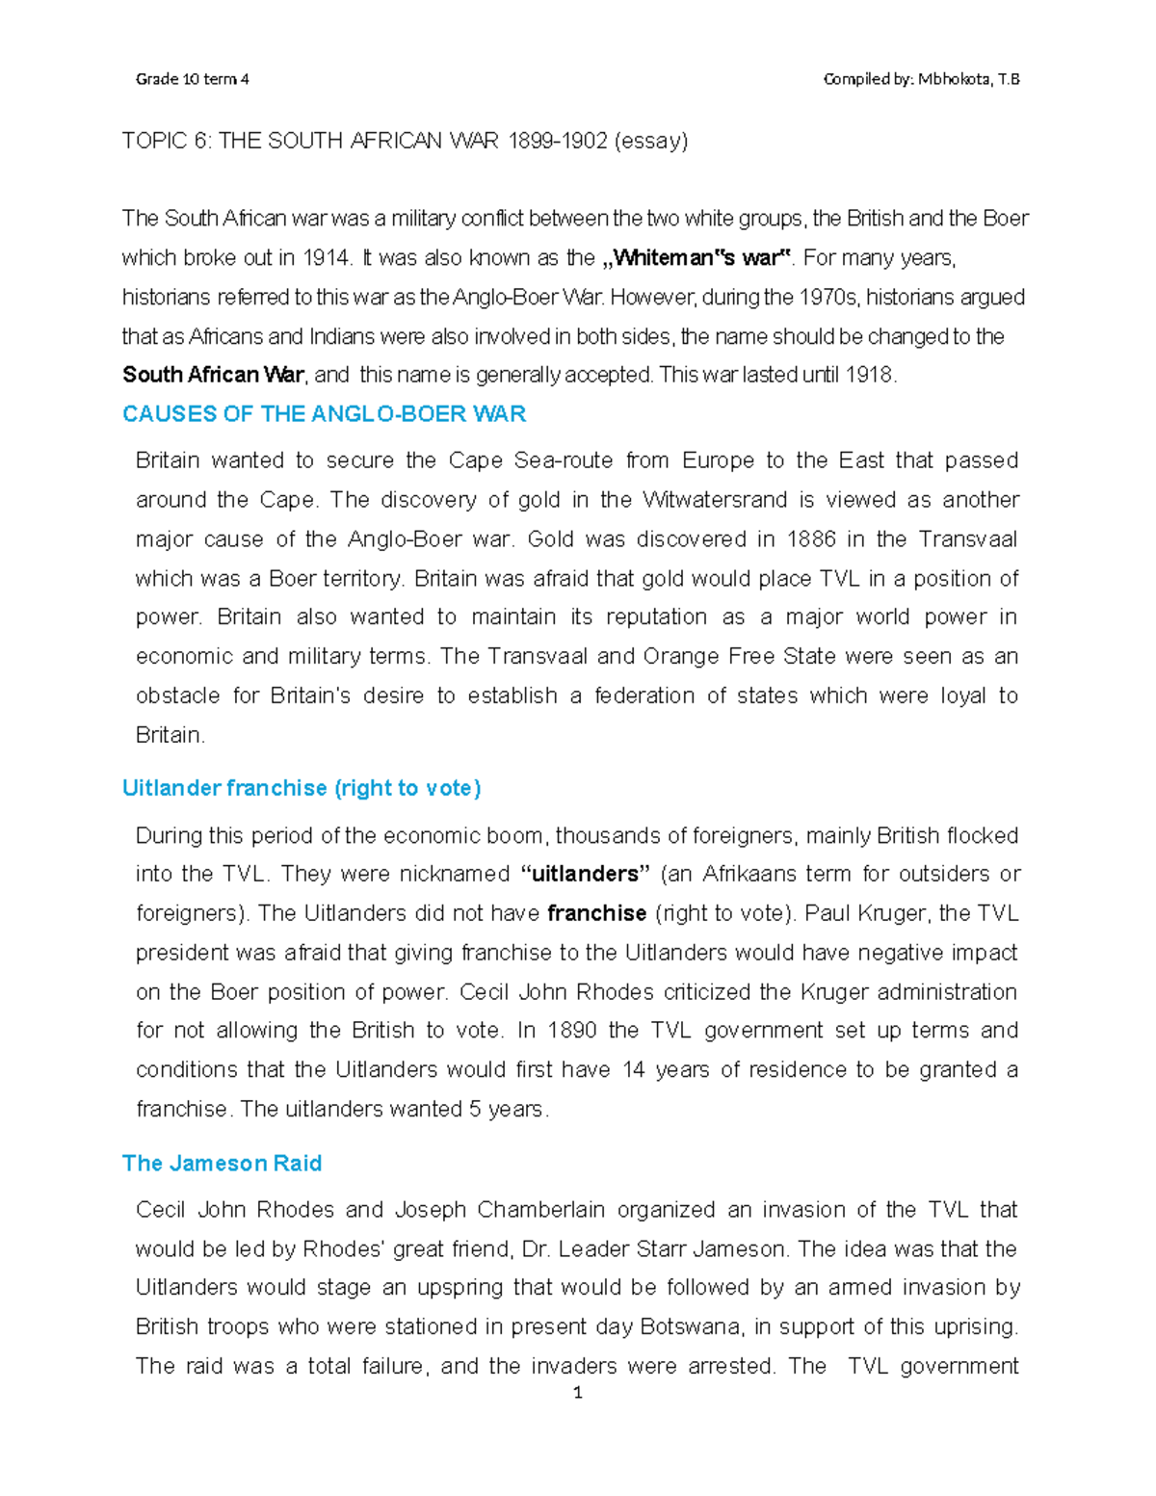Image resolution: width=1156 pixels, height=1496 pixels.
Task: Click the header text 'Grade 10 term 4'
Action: point(192,79)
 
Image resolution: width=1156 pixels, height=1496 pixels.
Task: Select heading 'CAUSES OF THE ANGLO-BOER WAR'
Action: point(324,414)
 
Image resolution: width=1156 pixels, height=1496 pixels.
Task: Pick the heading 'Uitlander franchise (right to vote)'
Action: point(302,788)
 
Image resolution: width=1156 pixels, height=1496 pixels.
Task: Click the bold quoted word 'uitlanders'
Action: point(586,875)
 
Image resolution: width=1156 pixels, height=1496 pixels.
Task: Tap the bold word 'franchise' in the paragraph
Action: point(596,913)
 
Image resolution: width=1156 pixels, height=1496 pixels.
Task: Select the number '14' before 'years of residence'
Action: point(633,1070)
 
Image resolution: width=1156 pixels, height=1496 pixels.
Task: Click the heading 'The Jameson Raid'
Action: point(222,1164)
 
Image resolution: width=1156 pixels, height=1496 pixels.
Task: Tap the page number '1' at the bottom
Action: point(578,1393)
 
